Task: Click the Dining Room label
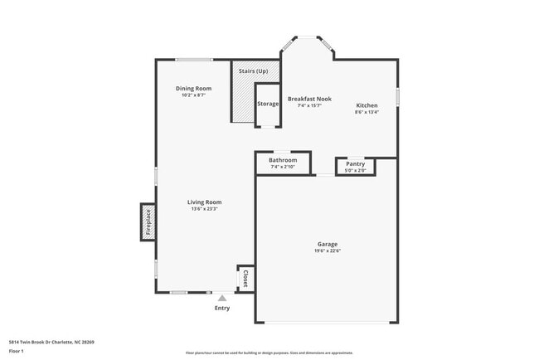(193, 88)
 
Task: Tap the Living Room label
(204, 202)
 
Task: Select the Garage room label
(327, 244)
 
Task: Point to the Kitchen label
(367, 105)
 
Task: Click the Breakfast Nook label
(309, 99)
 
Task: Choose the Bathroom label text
(282, 160)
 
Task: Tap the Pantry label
(355, 163)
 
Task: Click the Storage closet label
(268, 104)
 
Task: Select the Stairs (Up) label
(253, 71)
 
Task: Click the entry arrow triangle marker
(221, 298)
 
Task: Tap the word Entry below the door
(222, 309)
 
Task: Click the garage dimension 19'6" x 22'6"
(327, 251)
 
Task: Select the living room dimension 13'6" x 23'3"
(204, 208)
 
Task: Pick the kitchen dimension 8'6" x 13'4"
(367, 112)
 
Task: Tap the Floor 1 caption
(17, 351)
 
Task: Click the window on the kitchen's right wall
(397, 96)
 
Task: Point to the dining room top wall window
(193, 59)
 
